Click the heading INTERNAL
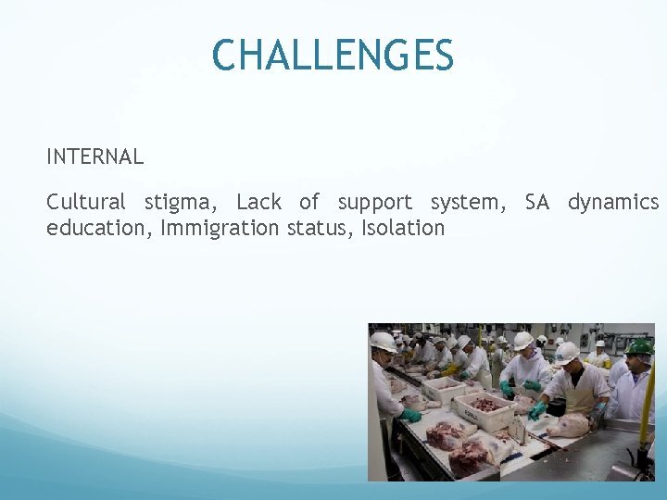tap(95, 157)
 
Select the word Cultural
tap(86, 202)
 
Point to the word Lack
tap(258, 202)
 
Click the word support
tap(375, 203)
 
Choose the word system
tap(468, 203)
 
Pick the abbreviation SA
tap(537, 202)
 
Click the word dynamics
tap(613, 203)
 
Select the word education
tap(98, 228)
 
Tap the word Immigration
tap(220, 229)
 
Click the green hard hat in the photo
tap(640, 347)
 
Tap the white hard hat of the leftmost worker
tap(383, 342)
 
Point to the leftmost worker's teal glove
tap(410, 415)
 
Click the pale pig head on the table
tap(567, 425)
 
